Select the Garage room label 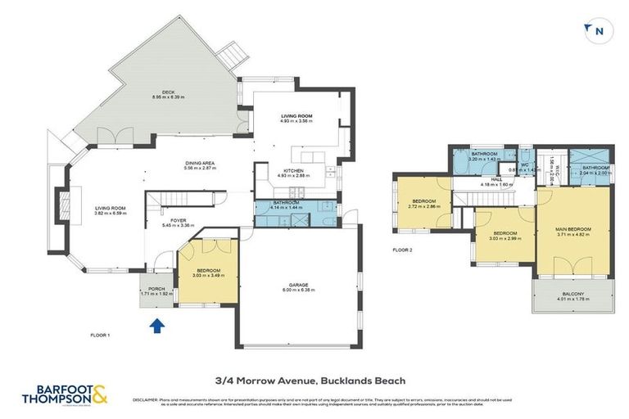tap(296, 286)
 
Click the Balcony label tap(572, 295)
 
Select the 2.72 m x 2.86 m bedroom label tap(423, 204)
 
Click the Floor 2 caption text tap(403, 250)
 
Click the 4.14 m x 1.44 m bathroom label tap(286, 205)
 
